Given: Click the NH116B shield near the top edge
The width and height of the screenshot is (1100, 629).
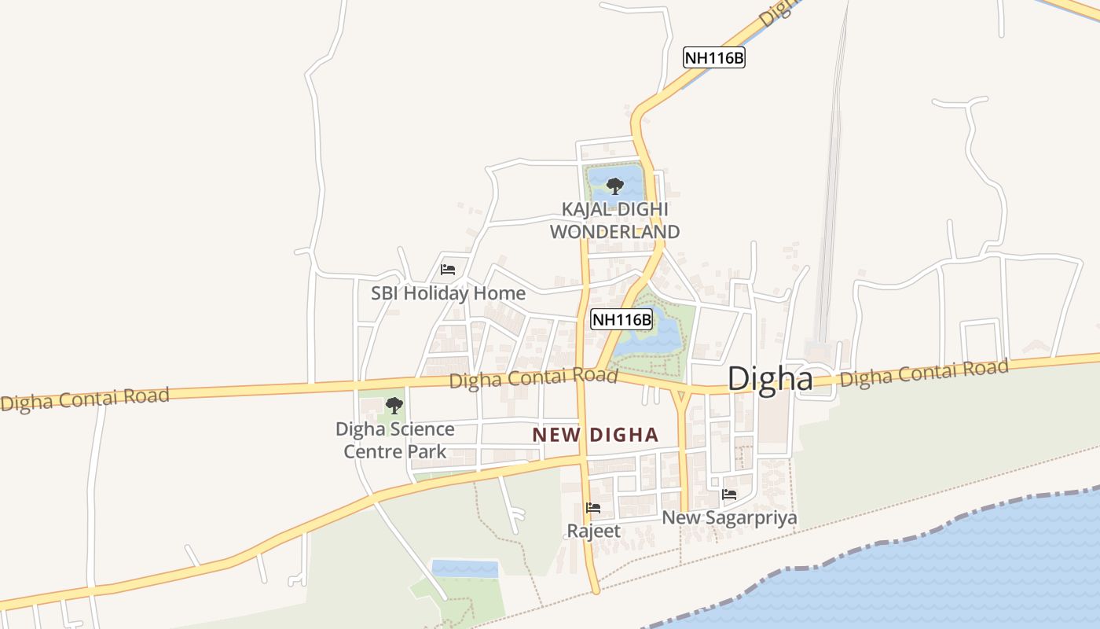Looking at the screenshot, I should click(713, 57).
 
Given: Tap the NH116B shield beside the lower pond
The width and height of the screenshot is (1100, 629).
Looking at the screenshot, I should click(621, 319).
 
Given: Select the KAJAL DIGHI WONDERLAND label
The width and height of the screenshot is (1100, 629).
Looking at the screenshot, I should click(614, 221).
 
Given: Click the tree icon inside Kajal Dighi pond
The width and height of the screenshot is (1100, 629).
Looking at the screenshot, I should click(615, 186).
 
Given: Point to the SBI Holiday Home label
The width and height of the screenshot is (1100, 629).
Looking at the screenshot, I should click(448, 293).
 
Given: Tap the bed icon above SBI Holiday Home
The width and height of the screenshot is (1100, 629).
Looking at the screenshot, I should click(448, 269).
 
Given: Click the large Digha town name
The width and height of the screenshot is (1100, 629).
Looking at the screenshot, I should click(769, 379).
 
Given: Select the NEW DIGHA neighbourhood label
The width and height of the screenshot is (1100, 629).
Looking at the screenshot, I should click(595, 435).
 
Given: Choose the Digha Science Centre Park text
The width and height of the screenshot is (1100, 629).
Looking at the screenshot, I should click(394, 440).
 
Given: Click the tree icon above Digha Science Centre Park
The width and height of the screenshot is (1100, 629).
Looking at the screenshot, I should click(394, 406).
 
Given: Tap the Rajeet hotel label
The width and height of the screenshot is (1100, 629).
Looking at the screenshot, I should click(594, 532).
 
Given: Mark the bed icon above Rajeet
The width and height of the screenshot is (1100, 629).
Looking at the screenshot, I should click(593, 508).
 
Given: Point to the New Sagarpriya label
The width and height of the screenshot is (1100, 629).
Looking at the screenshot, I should click(729, 518).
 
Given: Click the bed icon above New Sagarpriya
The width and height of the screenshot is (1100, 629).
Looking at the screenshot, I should click(729, 495).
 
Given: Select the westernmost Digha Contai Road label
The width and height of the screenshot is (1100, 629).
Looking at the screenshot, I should click(85, 399).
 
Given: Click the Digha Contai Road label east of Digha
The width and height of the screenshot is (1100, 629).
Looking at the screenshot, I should click(923, 373).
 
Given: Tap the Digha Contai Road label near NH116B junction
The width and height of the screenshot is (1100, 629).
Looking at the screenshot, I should click(533, 378).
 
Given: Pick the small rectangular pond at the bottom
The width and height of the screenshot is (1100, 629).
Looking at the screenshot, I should click(464, 568).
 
